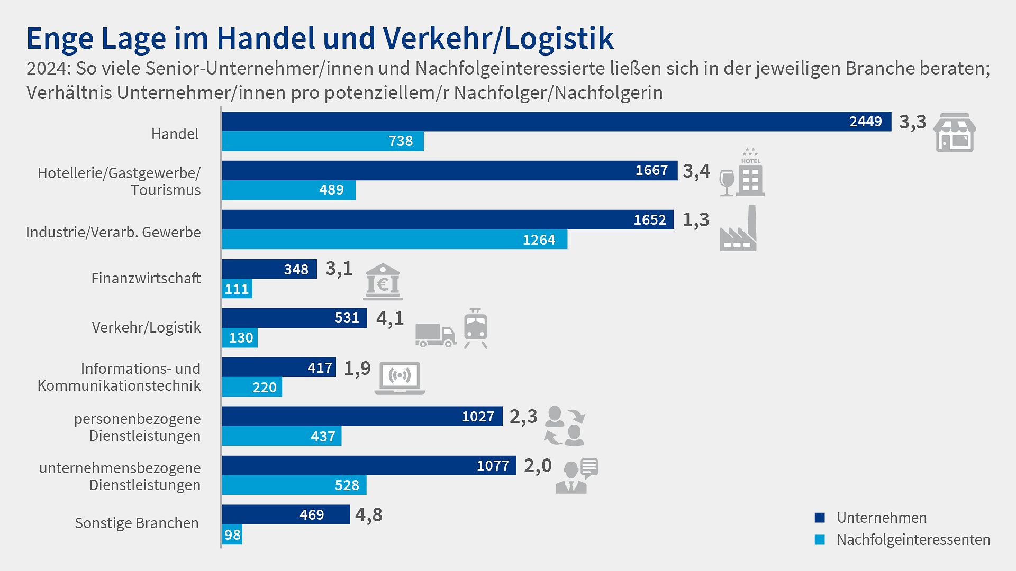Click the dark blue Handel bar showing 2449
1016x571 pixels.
coord(556,122)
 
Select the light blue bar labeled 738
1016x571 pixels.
coord(323,141)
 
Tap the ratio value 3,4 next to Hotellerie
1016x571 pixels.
coord(696,171)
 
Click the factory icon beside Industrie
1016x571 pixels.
coord(739,230)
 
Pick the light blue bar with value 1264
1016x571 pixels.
coord(394,240)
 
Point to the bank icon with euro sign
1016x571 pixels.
coord(383,282)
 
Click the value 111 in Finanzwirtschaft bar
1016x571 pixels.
coord(237,289)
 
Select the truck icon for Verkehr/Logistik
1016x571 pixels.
coord(435,335)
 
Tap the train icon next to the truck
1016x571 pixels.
coord(475,328)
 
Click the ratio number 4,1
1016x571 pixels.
coord(389,318)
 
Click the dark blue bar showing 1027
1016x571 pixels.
coord(362,417)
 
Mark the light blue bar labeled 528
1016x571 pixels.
coord(294,485)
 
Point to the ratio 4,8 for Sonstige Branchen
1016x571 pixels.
coord(368,514)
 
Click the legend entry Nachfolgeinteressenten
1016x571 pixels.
coord(913,540)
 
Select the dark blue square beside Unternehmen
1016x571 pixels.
coord(820,518)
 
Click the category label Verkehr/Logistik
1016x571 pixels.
coord(146,327)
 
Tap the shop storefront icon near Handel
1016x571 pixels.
coord(955,133)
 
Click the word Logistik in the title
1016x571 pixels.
coord(559,39)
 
